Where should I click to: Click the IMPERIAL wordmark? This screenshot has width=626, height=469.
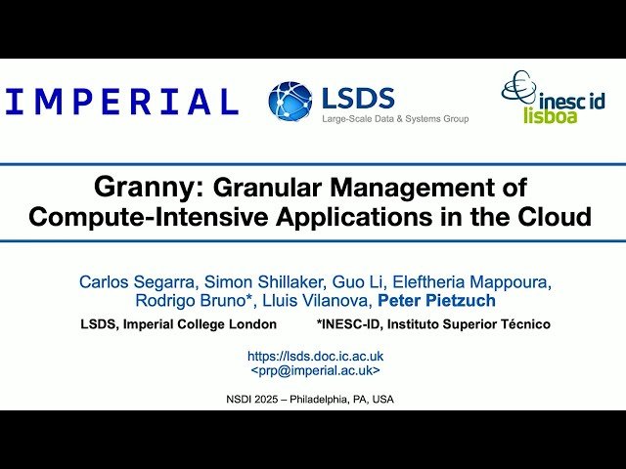click(122, 102)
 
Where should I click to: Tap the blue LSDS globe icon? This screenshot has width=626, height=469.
click(291, 103)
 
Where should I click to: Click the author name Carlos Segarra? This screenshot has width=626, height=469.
click(134, 282)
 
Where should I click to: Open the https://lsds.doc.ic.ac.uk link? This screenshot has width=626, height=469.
click(315, 357)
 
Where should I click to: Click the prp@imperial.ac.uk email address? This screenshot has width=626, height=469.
click(315, 370)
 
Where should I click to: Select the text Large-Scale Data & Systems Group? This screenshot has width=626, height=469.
click(395, 119)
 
